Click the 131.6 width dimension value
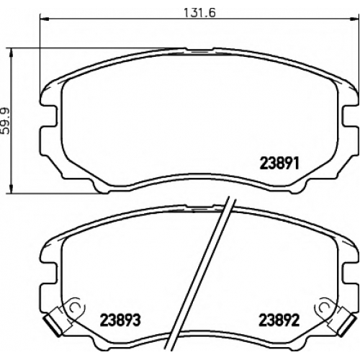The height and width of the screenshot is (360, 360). coord(199,13)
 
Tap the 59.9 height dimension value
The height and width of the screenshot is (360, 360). coord(5,121)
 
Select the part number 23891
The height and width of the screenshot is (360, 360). coord(280,164)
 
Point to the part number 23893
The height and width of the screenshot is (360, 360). coord(120,320)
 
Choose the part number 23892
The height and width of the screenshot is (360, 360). coord(279,320)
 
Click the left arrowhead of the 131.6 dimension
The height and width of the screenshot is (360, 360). coord(44,19)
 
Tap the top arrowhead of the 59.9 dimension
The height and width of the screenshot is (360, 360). coord(11,53)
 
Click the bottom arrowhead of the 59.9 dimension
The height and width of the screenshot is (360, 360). coord(11,188)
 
